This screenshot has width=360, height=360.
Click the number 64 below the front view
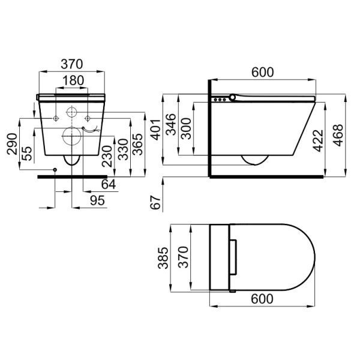(109, 184)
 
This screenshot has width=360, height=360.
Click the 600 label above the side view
(262, 72)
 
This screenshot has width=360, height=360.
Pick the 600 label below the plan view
(262, 298)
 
